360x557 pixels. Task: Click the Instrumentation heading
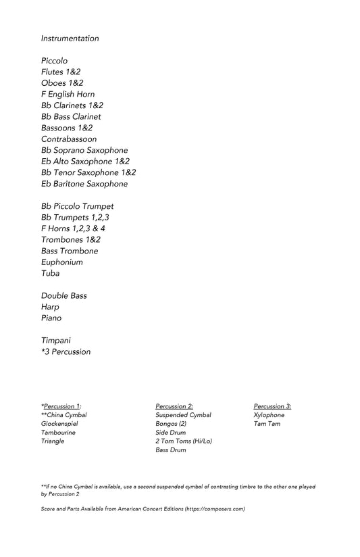tap(70, 39)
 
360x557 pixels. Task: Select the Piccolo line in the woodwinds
tap(54, 61)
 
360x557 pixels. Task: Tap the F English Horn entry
tap(68, 94)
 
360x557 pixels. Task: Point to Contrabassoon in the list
tap(68, 139)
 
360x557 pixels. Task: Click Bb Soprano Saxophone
tap(84, 150)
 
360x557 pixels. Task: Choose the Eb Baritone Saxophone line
tap(84, 183)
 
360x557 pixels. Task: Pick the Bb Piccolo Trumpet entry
tap(77, 206)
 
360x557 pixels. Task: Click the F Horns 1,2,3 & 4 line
tap(73, 228)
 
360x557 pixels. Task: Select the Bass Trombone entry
tap(69, 251)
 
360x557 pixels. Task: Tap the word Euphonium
tap(61, 262)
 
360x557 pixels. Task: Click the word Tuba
tap(50, 273)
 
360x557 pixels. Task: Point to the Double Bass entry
tap(63, 295)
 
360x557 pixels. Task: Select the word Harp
tap(51, 307)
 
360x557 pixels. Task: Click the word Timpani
tap(55, 341)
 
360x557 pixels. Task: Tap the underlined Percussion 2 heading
tap(174, 406)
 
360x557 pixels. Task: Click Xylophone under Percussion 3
tap(269, 415)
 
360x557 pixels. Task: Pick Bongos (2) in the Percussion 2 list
tap(170, 424)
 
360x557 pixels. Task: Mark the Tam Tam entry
tap(267, 424)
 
